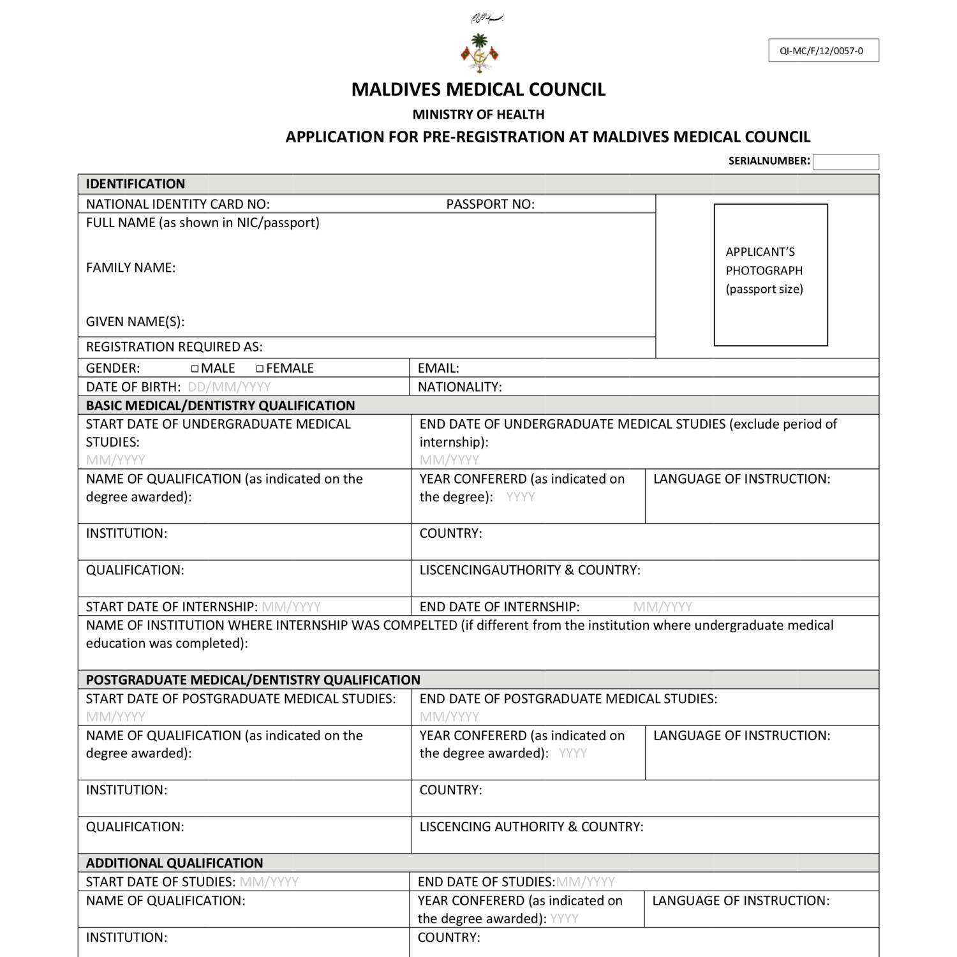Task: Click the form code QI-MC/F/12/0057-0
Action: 823,51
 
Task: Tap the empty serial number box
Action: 845,162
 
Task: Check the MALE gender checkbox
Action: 195,369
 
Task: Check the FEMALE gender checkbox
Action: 260,369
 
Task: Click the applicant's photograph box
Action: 771,275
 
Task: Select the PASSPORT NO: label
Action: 490,204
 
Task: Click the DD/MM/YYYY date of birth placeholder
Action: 229,387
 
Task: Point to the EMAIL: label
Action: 438,369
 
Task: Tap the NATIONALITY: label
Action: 459,387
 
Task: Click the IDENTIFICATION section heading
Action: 135,184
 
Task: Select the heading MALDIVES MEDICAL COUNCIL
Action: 478,89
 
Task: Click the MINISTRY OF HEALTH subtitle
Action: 478,115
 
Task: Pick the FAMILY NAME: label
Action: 131,268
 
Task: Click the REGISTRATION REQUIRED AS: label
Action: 174,347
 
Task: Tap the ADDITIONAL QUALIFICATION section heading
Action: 174,863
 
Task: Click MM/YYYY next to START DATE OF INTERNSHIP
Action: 291,607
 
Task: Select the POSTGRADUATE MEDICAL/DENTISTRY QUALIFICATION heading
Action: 253,680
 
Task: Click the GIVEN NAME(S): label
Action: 135,322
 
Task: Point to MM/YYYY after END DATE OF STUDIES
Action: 585,882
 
